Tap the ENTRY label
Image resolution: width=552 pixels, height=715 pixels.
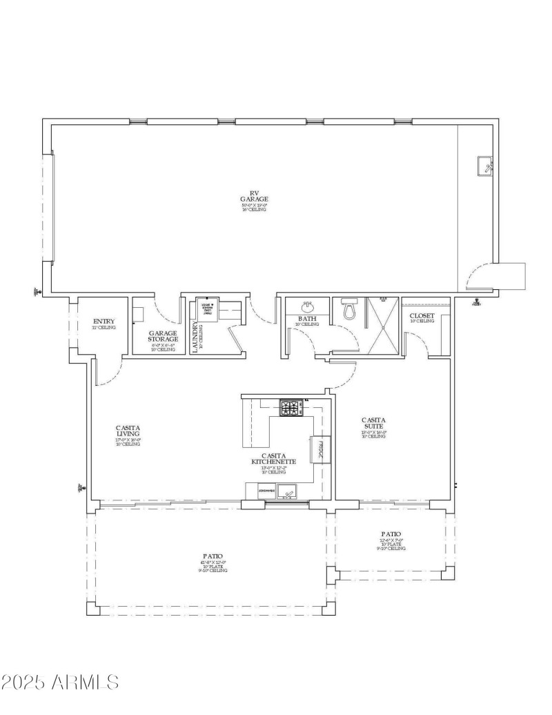[103, 322]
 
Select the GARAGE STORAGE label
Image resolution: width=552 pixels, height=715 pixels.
[163, 336]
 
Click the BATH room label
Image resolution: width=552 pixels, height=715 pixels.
[307, 319]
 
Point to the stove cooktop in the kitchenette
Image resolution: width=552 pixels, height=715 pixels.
[290, 408]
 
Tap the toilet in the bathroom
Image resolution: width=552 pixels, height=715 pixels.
[349, 311]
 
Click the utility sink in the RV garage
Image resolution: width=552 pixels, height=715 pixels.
[486, 166]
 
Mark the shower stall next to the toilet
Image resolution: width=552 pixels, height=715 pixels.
[382, 326]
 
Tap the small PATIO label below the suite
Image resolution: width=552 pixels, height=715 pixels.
[391, 534]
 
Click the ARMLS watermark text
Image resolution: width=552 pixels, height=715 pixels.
[60, 683]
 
